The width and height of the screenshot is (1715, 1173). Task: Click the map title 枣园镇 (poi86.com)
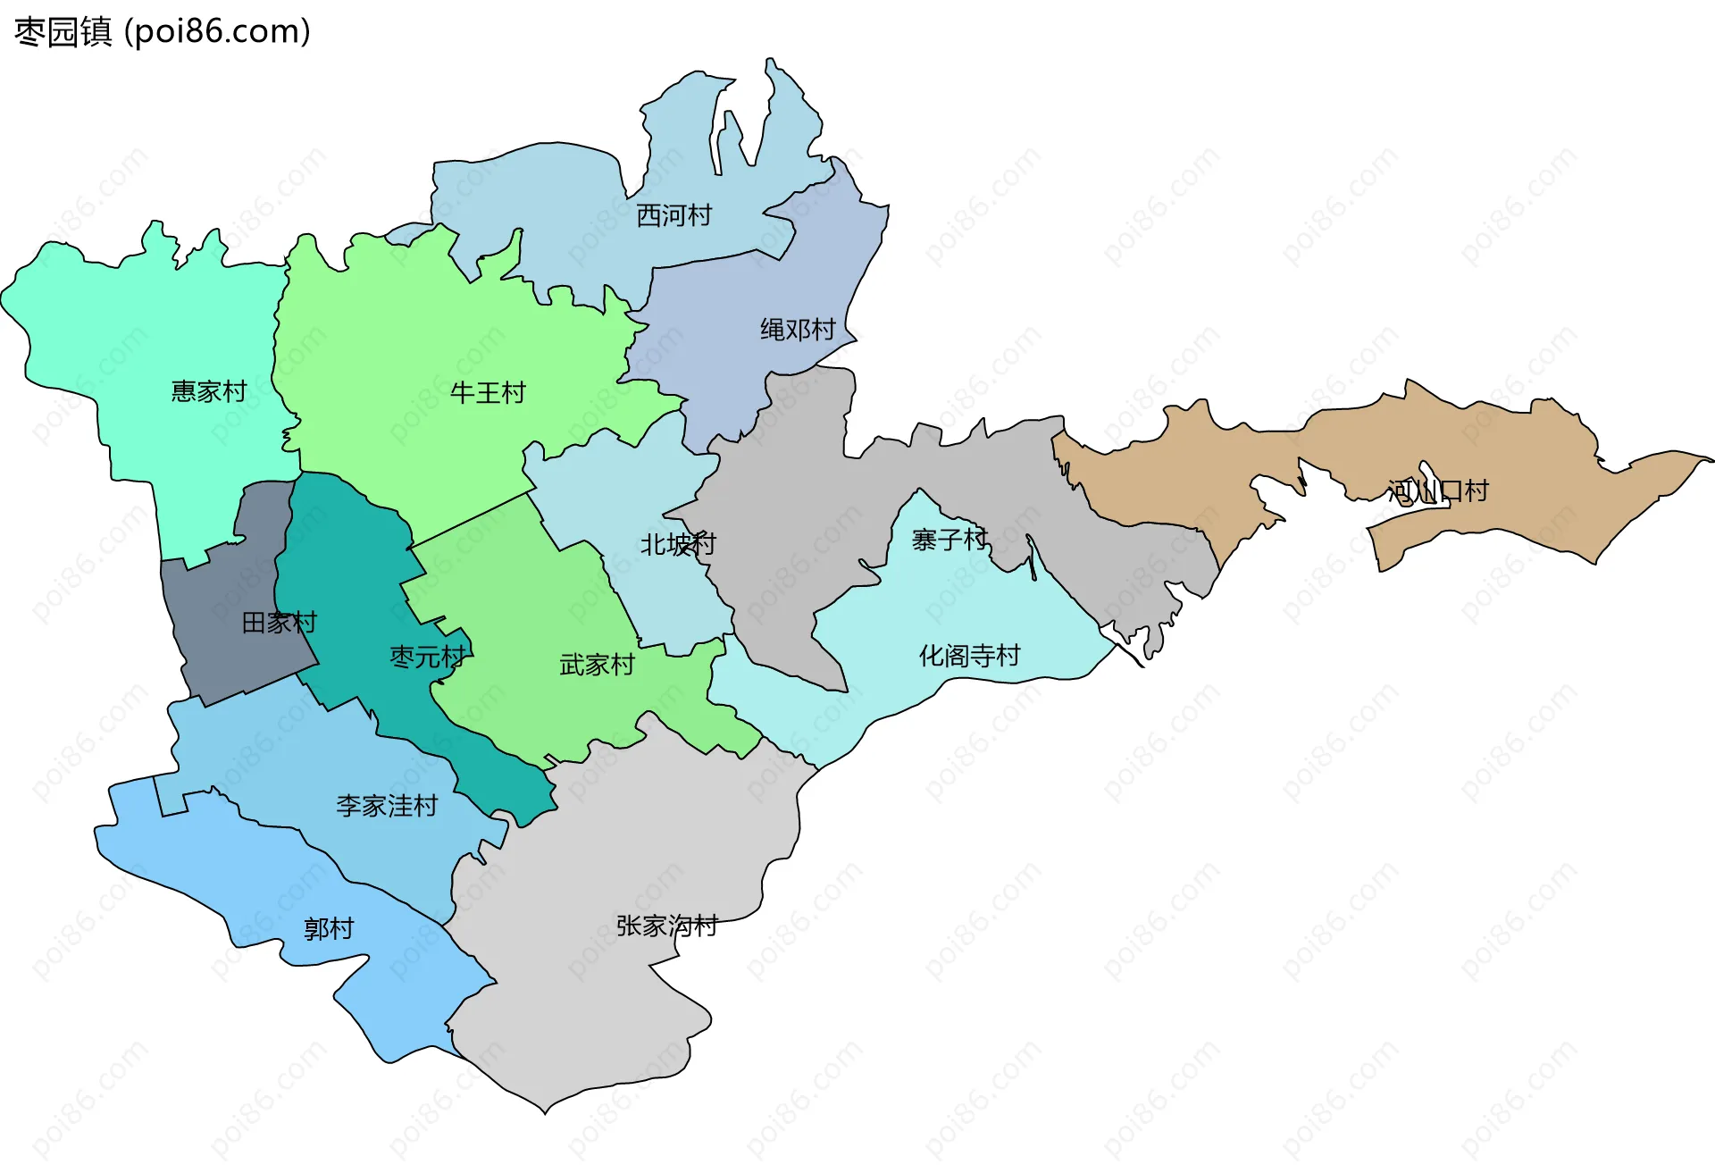(x=163, y=31)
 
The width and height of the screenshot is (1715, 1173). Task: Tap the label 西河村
(x=673, y=215)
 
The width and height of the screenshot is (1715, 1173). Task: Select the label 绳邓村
(x=798, y=330)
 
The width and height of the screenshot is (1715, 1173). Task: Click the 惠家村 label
(x=208, y=391)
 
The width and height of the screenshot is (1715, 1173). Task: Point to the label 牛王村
(x=488, y=393)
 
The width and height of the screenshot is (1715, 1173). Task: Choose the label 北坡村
(x=678, y=544)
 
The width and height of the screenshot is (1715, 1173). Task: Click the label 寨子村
(x=950, y=540)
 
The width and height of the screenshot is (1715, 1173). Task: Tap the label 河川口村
(x=1438, y=490)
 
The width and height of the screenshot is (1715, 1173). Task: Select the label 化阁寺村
(x=969, y=656)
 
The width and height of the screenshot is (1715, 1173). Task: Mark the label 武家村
(x=597, y=665)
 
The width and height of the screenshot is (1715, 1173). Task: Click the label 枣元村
(x=428, y=658)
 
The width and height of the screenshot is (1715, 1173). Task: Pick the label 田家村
(x=280, y=623)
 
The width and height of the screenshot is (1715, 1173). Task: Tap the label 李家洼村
(x=387, y=806)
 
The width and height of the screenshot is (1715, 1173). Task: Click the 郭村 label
(x=329, y=929)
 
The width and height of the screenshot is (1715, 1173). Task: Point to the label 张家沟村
(x=667, y=926)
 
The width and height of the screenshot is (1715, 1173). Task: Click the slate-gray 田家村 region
(x=223, y=643)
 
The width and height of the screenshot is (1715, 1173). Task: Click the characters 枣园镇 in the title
(x=63, y=31)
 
